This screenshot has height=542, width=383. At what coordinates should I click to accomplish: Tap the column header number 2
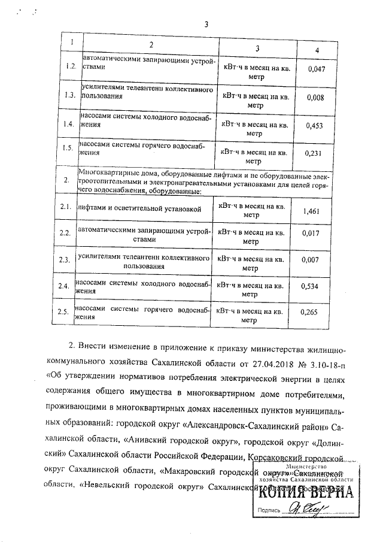151,46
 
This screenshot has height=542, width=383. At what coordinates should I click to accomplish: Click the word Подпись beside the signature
268,511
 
